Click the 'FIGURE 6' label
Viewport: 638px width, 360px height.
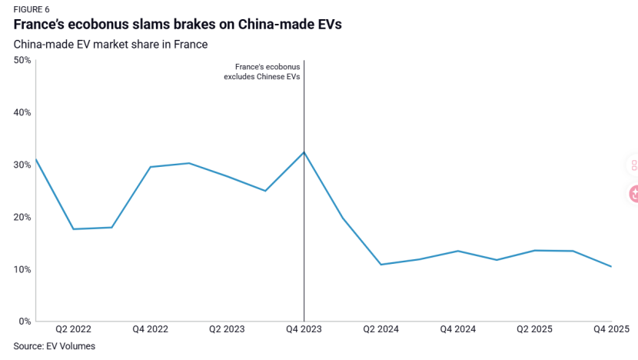point(31,8)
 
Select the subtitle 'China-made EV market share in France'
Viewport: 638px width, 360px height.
point(111,44)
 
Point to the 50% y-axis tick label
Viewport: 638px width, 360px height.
point(22,60)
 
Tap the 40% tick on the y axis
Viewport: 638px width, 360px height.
point(22,112)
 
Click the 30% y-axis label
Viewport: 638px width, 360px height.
point(22,165)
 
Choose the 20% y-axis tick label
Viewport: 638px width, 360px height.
point(22,217)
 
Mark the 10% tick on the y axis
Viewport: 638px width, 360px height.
point(22,269)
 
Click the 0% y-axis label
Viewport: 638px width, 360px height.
point(24,322)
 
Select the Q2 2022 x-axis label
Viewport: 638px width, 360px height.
point(74,329)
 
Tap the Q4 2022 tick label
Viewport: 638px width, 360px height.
point(150,329)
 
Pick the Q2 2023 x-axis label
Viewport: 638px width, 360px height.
point(227,329)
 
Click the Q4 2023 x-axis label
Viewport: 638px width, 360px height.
point(304,329)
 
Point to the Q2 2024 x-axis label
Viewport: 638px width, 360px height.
point(380,329)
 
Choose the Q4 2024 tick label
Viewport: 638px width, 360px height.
point(457,329)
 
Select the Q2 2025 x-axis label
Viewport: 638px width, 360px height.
point(534,329)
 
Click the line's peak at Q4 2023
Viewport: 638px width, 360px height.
point(304,152)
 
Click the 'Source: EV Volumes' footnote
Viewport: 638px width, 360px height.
point(55,346)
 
